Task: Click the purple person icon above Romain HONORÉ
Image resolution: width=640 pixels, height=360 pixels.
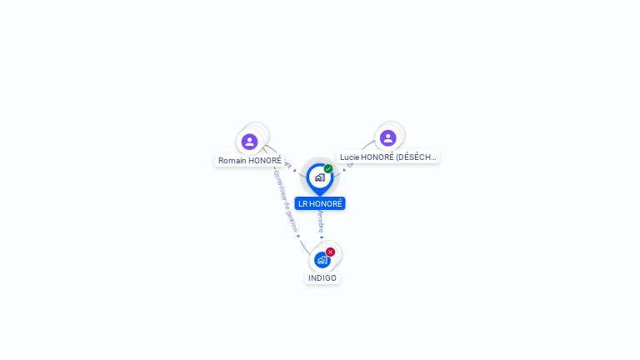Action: pos(249,142)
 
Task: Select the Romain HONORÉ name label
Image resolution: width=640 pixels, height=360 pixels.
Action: pos(250,160)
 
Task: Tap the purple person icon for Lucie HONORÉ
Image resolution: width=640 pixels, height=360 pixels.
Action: pos(387,138)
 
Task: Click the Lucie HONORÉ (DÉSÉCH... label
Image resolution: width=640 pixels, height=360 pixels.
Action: pos(388,157)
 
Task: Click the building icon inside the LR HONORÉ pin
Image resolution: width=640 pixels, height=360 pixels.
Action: pos(319,177)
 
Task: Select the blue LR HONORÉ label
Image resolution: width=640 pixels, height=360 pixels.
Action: pos(320,203)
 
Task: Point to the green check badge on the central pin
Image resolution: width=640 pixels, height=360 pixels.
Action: pos(328,169)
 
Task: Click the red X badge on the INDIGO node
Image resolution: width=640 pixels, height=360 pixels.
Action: pos(330,252)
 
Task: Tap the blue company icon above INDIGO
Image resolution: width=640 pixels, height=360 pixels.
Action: pos(322,260)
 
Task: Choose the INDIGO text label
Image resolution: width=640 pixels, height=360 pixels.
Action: pos(322,277)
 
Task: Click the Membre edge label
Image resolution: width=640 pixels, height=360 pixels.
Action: pos(321,221)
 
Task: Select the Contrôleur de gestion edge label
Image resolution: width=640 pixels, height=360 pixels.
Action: pos(285,201)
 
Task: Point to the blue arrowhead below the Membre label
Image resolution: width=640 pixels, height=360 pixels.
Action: pos(322,237)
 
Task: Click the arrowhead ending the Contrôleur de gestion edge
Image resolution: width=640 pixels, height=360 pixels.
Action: pos(297,237)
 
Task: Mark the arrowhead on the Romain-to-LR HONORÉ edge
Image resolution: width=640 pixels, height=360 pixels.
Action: pos(294,170)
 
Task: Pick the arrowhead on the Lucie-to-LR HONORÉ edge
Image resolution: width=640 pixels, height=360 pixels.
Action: pos(343,170)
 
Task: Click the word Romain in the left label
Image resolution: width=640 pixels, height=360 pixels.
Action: pos(233,160)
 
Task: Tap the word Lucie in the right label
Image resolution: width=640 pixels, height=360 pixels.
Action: pos(349,157)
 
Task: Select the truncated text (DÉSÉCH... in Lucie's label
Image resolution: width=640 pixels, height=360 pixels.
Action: pos(416,157)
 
